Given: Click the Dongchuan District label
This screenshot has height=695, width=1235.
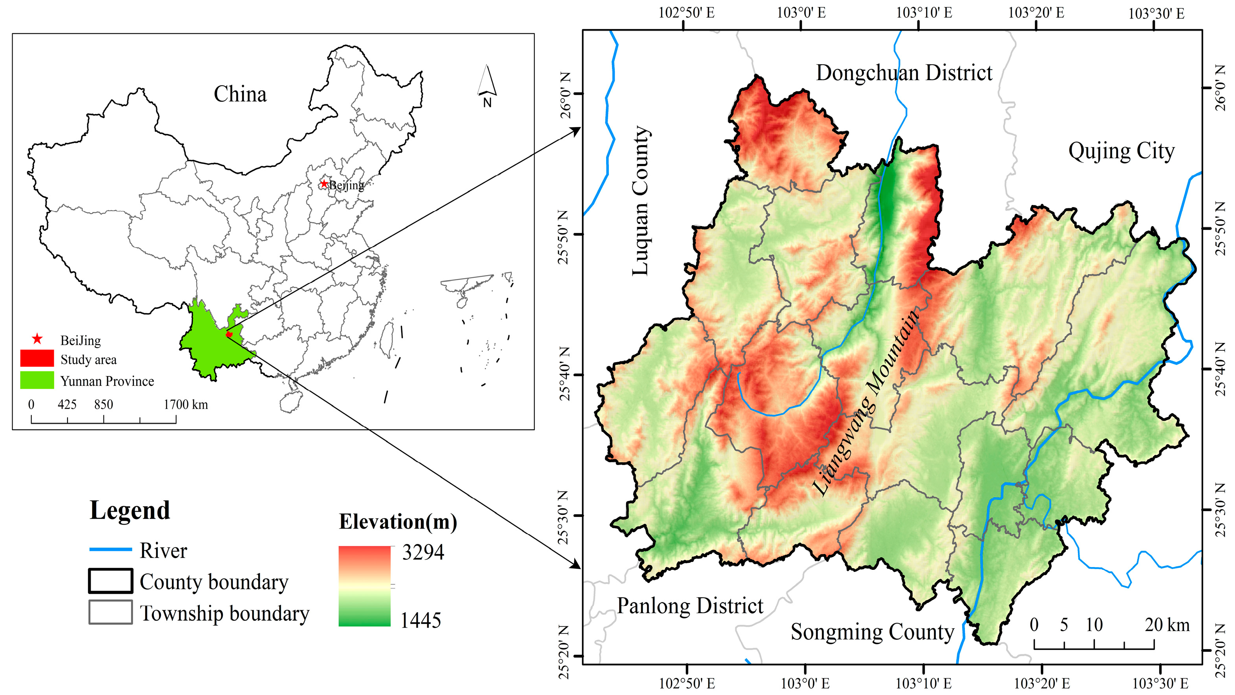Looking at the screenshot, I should click(904, 73).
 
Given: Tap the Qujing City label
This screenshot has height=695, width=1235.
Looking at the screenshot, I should click(1121, 151).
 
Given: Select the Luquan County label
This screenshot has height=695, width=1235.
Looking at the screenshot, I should click(641, 201).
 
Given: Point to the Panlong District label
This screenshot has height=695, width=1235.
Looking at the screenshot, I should click(689, 606).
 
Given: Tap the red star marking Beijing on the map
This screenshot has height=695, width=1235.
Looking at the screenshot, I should click(324, 184).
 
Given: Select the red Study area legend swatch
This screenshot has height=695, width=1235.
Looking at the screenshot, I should click(37, 359).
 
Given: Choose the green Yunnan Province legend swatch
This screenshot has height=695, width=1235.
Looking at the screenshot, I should click(37, 380).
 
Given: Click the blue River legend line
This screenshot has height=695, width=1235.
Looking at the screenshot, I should click(110, 550).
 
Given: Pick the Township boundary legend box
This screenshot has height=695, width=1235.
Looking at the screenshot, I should click(110, 612).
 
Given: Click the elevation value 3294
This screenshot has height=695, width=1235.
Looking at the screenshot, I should click(422, 552).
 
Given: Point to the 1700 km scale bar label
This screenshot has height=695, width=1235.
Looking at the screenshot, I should click(186, 405).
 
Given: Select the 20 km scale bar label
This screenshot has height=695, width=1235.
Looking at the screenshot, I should click(1167, 625).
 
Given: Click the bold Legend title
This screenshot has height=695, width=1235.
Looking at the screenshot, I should click(130, 510).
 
